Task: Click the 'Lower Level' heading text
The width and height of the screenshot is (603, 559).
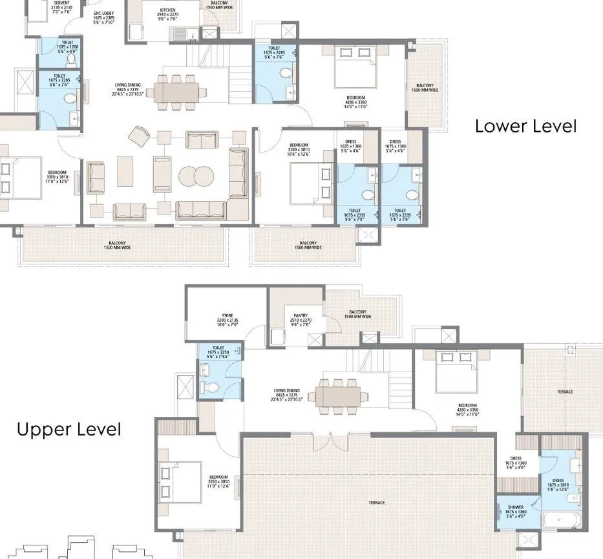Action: (x=525, y=125)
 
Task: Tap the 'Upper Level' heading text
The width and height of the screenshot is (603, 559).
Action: (x=69, y=429)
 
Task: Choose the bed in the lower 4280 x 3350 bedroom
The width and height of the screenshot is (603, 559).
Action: (x=355, y=67)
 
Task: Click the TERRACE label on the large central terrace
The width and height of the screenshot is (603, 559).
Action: (x=377, y=502)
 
